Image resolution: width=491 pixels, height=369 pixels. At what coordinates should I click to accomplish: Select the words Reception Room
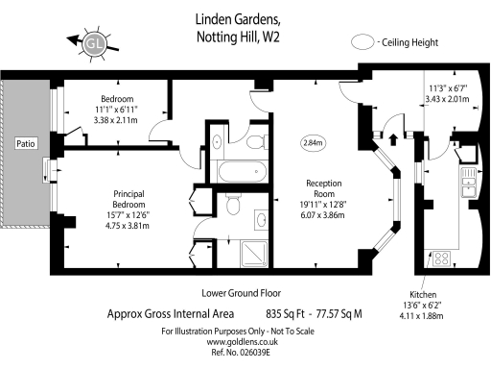tap(317, 188)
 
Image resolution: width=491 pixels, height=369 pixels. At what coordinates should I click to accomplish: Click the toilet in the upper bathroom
tap(256, 142)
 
